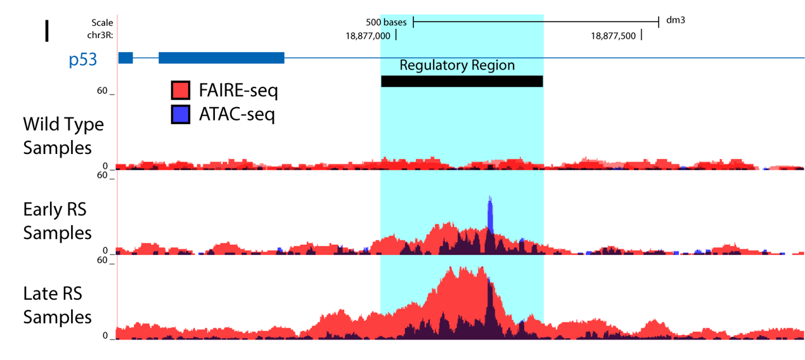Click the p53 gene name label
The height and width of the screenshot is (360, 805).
[82, 60]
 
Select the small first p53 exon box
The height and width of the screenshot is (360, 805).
[126, 58]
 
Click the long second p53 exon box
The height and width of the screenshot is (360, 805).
[221, 58]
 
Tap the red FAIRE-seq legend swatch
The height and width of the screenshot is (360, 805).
[181, 91]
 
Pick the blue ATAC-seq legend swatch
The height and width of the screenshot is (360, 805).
[181, 114]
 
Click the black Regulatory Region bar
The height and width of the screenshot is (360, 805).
[461, 81]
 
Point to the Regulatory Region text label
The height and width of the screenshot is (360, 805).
[457, 65]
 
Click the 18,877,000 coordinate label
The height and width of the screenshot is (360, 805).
[368, 36]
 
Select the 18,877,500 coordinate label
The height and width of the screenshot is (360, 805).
[613, 36]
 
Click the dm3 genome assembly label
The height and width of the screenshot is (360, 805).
[676, 20]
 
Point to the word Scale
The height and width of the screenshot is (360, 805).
[102, 23]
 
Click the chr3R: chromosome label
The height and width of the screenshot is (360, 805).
[100, 35]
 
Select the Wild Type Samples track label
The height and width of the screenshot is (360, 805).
[63, 136]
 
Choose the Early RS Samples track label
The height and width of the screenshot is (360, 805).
[58, 221]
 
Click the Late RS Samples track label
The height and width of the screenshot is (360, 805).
[58, 305]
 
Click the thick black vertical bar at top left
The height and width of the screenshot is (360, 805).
[46, 31]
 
